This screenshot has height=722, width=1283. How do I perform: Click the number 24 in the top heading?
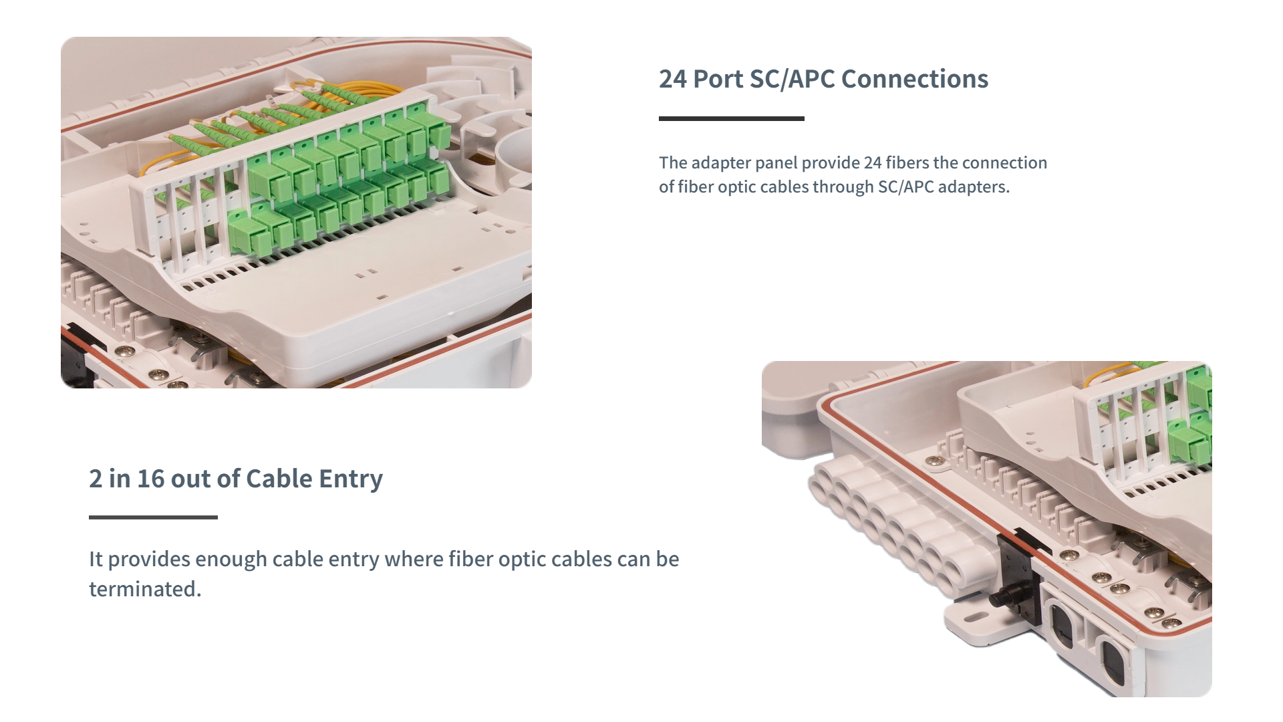pos(672,79)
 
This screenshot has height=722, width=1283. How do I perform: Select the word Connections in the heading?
pos(914,79)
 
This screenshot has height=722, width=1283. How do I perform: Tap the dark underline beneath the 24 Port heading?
pos(731,118)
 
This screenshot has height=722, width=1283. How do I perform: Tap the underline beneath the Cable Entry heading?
pos(153,517)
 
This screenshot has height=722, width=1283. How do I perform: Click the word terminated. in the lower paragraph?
pos(145,589)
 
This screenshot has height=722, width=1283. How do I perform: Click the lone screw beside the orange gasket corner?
pos(934,461)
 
